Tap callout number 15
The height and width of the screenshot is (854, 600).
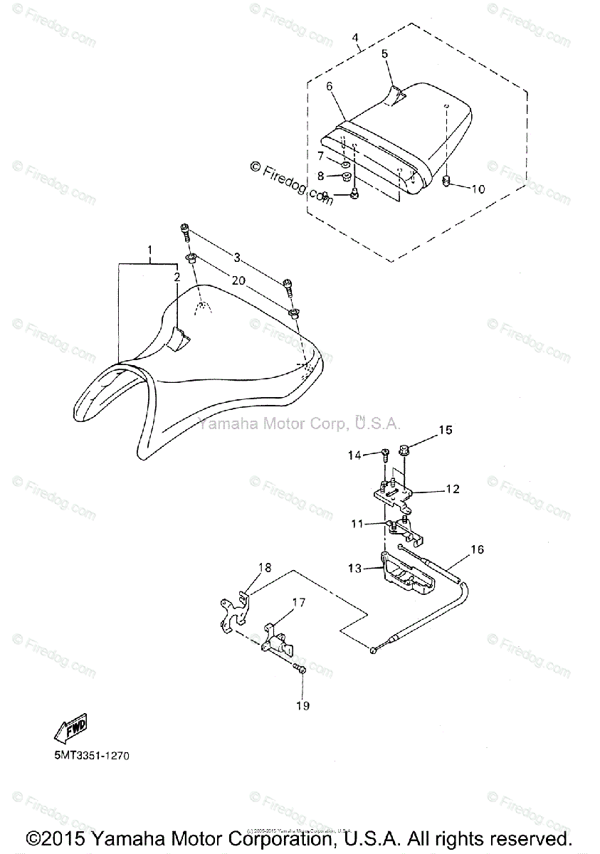click(445, 430)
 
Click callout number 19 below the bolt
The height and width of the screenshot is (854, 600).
click(303, 706)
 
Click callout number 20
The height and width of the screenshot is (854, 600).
click(238, 281)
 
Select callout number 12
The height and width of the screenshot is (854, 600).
click(453, 490)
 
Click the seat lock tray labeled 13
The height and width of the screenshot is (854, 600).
click(405, 577)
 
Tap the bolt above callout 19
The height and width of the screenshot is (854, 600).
click(300, 669)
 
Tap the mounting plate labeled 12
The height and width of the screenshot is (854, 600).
click(391, 495)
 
